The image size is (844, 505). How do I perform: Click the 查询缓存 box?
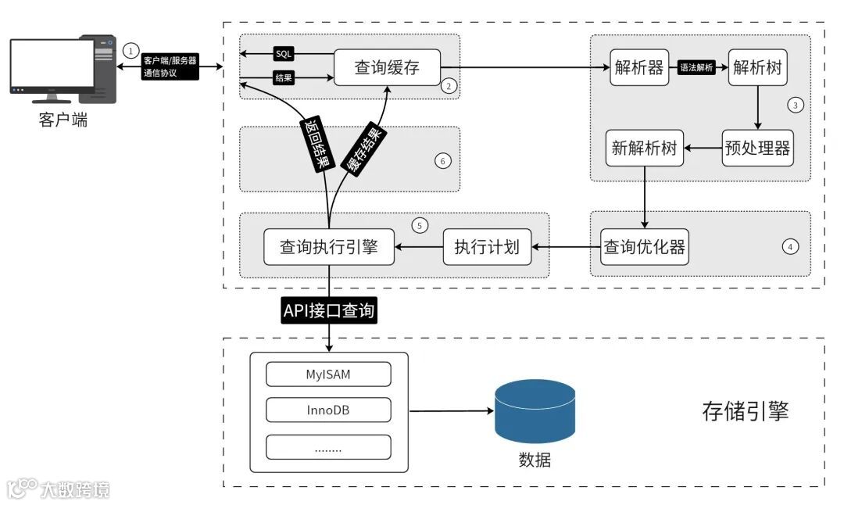[387, 67]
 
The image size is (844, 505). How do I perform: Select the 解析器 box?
[639, 67]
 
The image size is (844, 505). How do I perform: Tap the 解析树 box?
[757, 67]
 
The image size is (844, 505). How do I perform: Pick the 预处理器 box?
[757, 148]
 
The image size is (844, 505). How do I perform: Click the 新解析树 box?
[645, 148]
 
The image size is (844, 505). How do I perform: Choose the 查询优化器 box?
[645, 247]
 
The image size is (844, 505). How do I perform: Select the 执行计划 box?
[487, 247]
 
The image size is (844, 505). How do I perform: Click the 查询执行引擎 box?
[329, 247]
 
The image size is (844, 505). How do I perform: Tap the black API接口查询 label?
[329, 312]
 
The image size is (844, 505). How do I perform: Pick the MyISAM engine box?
[328, 374]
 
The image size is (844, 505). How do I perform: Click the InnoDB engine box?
[328, 410]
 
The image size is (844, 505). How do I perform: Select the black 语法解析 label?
[697, 68]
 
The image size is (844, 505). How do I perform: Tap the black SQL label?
[283, 54]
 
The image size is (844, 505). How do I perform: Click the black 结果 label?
[283, 77]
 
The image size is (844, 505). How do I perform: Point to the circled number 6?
[442, 161]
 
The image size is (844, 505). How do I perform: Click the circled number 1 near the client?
[130, 49]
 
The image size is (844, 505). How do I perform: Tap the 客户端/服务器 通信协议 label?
[170, 66]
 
